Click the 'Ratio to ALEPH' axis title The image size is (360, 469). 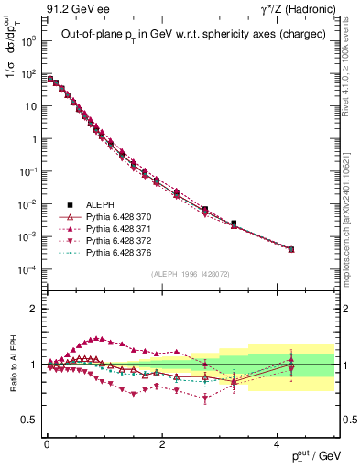13,365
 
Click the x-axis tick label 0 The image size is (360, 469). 47,442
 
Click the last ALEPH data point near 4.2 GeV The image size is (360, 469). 290,249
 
